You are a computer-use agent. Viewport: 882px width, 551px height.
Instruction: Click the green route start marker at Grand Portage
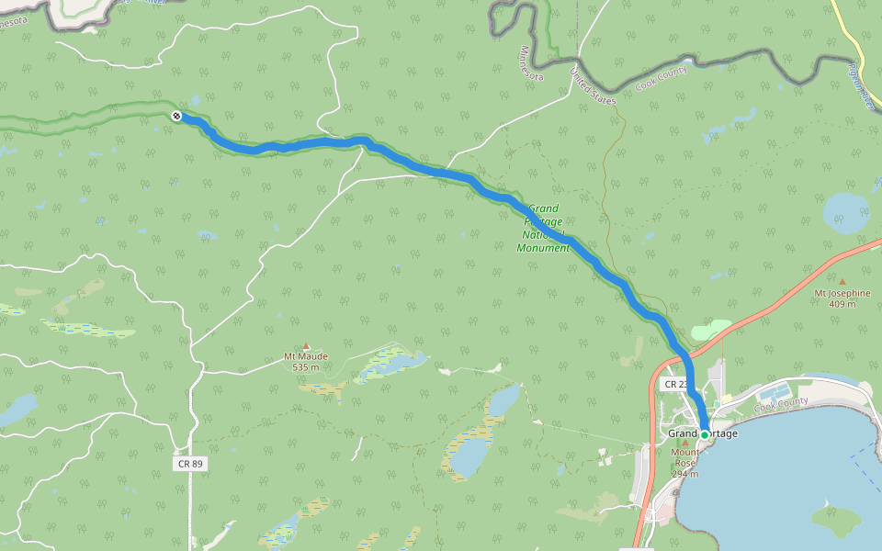pos(705,434)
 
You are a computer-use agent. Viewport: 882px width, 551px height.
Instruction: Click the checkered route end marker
pos(176,116)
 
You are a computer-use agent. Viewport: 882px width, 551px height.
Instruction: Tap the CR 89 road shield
pos(190,464)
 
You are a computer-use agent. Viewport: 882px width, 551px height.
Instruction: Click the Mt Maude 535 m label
pos(306,362)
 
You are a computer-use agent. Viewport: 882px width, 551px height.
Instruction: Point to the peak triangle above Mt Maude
pos(306,346)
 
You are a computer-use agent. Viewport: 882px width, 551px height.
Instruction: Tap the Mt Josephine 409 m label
pos(842,298)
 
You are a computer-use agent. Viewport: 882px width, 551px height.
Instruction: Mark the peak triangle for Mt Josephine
pos(842,282)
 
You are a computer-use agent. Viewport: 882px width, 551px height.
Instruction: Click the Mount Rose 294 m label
pos(684,463)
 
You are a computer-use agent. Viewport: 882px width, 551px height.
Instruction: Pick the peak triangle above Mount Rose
pos(684,443)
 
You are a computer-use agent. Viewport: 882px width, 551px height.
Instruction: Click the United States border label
pos(593,85)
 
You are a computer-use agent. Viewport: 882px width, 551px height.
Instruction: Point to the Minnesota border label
pos(532,63)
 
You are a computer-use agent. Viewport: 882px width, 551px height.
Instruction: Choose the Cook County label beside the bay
pos(781,403)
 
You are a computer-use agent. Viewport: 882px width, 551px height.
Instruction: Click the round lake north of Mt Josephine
pos(845,213)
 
